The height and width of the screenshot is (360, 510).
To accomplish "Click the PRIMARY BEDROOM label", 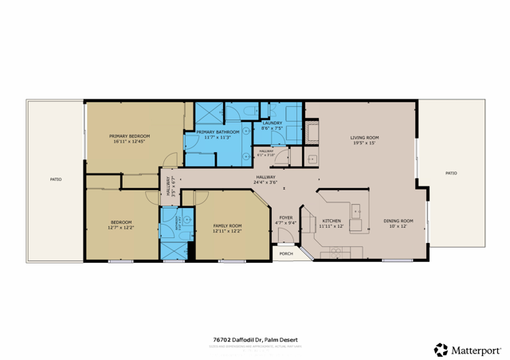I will pos(129,136).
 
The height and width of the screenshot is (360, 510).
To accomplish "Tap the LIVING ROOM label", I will pos(364,138).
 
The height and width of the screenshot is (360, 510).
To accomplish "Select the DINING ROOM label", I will pos(398,221).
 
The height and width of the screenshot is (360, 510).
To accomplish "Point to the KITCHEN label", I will pos(331,221).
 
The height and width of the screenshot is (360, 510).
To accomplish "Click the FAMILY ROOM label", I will pos(227,226).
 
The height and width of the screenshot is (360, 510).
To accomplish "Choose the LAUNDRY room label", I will pos(273,123).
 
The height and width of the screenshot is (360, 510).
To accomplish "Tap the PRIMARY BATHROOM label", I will pos(218,131).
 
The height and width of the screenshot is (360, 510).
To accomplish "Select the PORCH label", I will pos(285,254).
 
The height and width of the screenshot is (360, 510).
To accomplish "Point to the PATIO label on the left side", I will pos(56,179).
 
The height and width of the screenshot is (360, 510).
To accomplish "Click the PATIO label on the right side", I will pos(451,173).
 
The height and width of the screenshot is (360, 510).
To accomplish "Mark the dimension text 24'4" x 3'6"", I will pos(265,183).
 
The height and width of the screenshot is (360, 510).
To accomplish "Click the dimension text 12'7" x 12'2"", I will pos(121,227).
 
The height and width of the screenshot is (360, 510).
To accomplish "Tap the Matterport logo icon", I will pos(441,349).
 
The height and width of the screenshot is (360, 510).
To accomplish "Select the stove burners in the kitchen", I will pos(335,252).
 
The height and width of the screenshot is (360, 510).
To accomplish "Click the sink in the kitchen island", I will pos(357,212).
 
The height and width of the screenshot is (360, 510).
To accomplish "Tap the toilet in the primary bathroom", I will pos(249,110).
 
